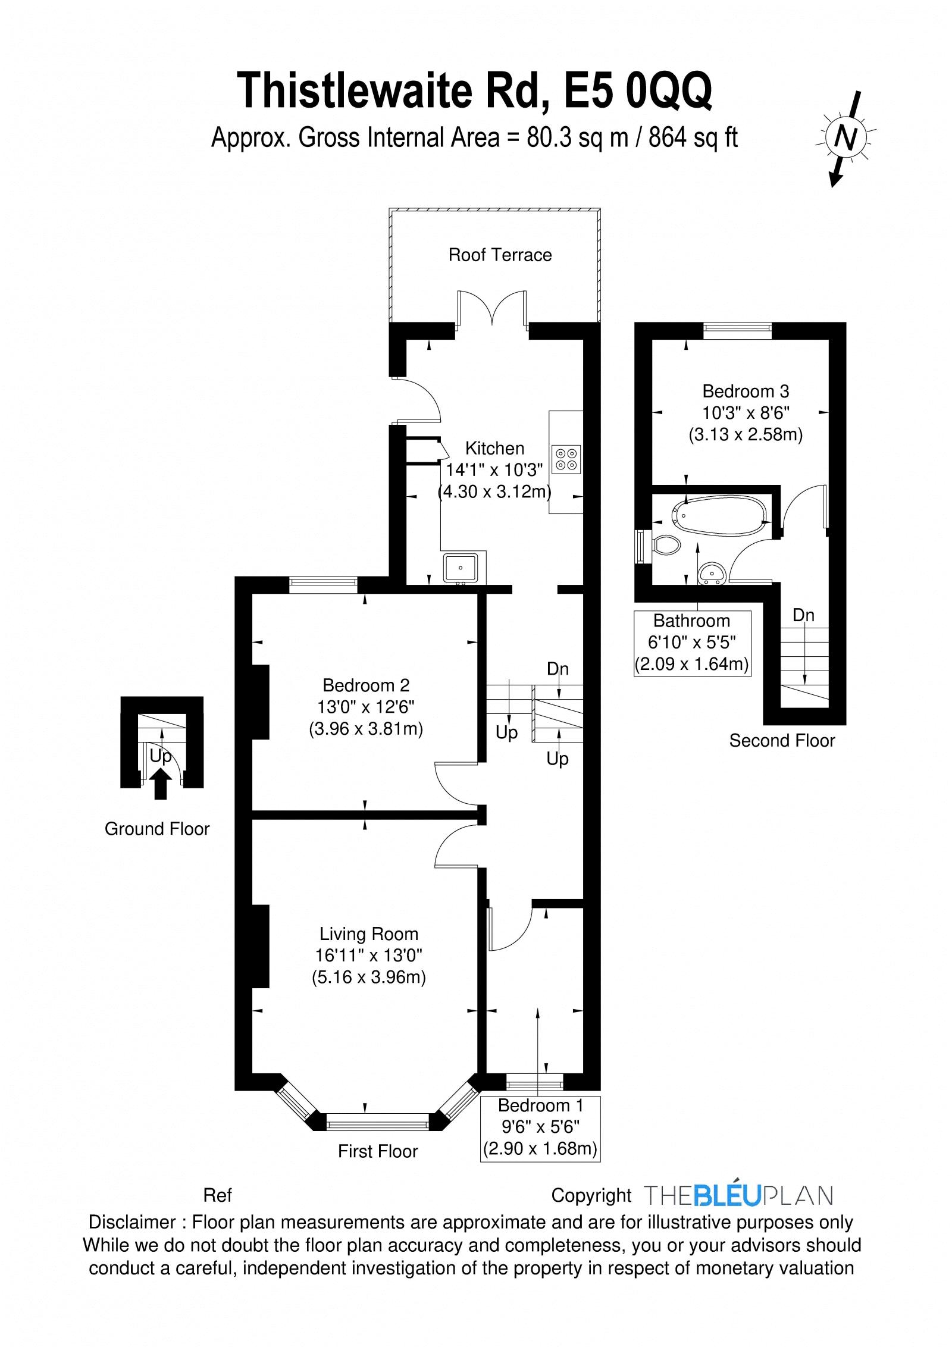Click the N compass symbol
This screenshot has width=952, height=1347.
click(845, 138)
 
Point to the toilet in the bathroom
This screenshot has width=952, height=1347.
click(665, 545)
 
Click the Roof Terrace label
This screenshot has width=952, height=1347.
click(500, 255)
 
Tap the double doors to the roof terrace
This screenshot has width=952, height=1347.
click(491, 309)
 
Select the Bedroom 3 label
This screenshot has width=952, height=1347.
click(746, 391)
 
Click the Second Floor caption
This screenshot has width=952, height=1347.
click(782, 741)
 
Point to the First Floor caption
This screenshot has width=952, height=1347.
click(378, 1151)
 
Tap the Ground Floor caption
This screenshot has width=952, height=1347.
click(157, 829)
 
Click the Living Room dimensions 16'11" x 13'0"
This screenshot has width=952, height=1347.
click(369, 956)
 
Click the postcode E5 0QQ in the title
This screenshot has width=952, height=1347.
click(638, 90)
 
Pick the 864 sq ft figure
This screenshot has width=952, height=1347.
click(693, 138)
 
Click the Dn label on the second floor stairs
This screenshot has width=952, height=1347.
click(803, 615)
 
